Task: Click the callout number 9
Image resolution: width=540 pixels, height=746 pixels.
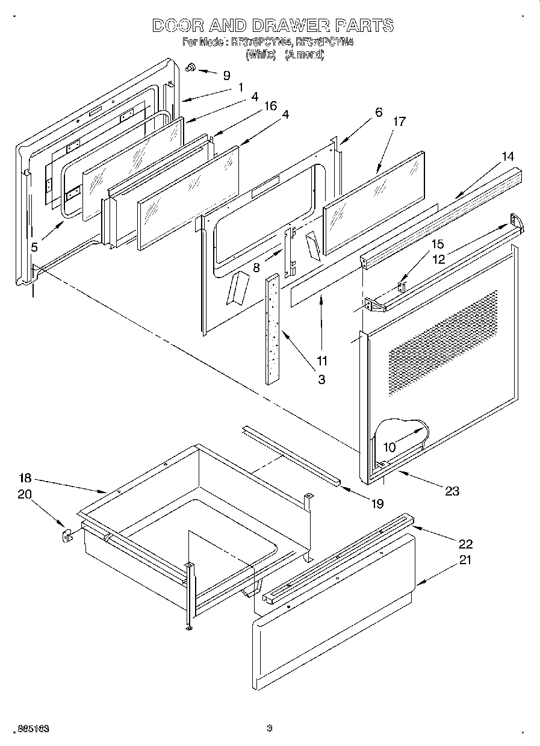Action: click(226, 76)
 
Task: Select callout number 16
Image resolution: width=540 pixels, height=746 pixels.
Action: click(270, 106)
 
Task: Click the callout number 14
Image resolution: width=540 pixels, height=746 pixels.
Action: click(508, 157)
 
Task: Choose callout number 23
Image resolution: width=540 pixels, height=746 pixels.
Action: click(452, 491)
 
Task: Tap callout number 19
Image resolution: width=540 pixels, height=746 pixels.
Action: click(377, 504)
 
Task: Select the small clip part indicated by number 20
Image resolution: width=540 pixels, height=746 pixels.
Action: click(67, 534)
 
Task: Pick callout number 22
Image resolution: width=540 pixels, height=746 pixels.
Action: click(465, 544)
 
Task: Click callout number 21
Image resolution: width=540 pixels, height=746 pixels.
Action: click(465, 560)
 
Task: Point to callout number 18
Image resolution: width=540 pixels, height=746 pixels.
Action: click(24, 478)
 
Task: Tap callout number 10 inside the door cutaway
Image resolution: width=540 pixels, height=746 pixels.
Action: click(389, 447)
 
